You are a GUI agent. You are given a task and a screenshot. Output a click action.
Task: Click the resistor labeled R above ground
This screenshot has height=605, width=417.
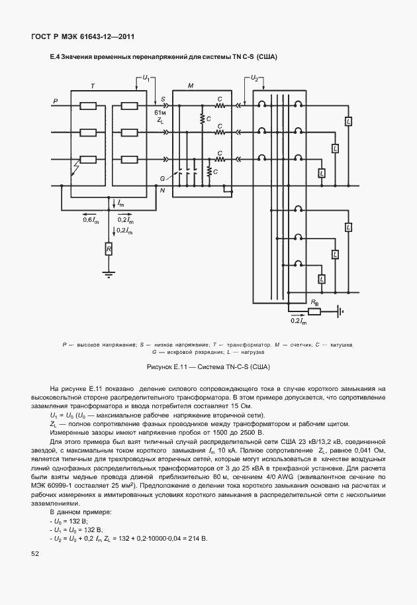tap(109, 248)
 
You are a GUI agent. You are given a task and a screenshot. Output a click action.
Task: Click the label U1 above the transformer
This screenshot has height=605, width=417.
tap(146, 79)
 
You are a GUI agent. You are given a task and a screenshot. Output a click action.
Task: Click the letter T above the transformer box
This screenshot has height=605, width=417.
tap(92, 87)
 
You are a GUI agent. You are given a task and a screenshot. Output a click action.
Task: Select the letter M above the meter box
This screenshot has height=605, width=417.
tap(191, 87)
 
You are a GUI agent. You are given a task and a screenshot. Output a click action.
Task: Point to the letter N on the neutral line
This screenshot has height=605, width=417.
tap(162, 190)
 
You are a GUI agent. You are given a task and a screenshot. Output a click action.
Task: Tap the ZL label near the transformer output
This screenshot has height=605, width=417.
tap(160, 121)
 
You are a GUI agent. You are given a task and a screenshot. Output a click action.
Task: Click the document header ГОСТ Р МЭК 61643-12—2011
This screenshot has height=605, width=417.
tap(78, 37)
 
